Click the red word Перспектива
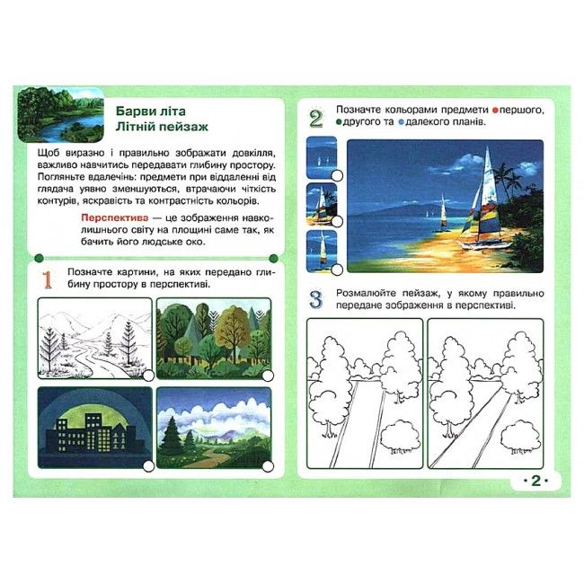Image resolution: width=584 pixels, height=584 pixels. pos(115,217)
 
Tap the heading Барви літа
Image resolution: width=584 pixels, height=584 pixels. pos(150,111)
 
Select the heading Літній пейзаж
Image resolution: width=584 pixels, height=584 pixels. pos(162,127)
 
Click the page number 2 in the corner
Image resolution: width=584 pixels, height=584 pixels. pos(535,481)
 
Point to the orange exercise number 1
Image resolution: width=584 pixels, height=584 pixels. pos(48,280)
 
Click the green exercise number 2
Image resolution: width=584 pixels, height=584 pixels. pos(315,119)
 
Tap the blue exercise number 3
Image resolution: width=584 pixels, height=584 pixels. pos(315,299)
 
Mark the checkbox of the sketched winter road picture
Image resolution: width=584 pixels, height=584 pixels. pos(148,376)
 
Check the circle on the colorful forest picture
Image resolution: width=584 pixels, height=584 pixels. pos(268,376)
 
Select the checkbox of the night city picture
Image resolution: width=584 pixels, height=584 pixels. pos(148,466)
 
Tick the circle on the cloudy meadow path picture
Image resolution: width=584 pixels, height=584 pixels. pos(268,466)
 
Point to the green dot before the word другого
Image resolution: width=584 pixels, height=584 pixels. pos(339,122)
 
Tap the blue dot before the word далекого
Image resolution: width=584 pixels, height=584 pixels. pos(401,122)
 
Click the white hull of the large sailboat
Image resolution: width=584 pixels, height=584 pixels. pos(485,244)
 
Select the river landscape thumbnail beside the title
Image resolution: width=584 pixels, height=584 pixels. pos(60,115)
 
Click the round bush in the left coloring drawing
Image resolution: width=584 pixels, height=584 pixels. pos(399,436)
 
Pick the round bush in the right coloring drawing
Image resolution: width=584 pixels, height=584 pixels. pos(520,436)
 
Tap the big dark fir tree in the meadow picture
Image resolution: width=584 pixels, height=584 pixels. pos(173,435)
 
